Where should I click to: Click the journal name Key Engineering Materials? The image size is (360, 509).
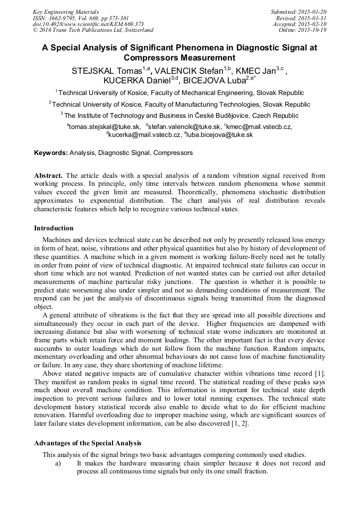click(65, 11)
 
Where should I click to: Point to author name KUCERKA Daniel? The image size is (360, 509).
click(136, 81)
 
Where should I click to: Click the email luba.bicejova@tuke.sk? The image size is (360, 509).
click(220, 135)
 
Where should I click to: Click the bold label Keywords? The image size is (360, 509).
click(50, 153)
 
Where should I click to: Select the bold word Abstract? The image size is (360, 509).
click(48, 175)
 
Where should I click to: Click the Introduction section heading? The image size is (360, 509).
click(54, 228)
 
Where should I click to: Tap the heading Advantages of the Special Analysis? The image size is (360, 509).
click(88, 442)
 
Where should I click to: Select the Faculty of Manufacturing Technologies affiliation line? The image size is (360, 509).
click(179, 104)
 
